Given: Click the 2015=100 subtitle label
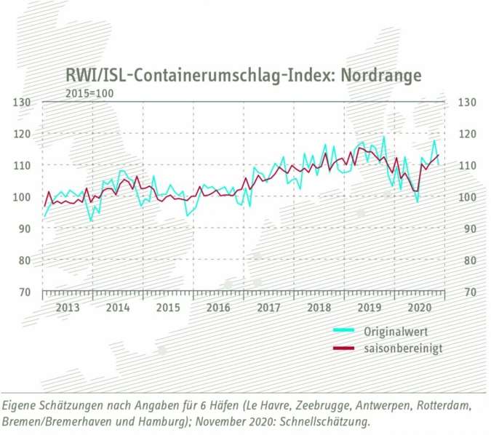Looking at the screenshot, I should [x=89, y=92].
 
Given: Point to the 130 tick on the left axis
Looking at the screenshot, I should [x=23, y=102].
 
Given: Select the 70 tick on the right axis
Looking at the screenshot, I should [x=466, y=292].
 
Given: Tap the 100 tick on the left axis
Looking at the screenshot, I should [x=23, y=197].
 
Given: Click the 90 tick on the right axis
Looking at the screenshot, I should [x=466, y=228].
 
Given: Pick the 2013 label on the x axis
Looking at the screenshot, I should [x=68, y=307].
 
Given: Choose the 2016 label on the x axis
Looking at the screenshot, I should [x=218, y=307].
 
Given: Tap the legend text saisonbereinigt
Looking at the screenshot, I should [x=403, y=348].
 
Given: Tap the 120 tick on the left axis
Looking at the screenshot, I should [x=23, y=134].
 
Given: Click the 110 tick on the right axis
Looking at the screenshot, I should [x=466, y=165].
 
